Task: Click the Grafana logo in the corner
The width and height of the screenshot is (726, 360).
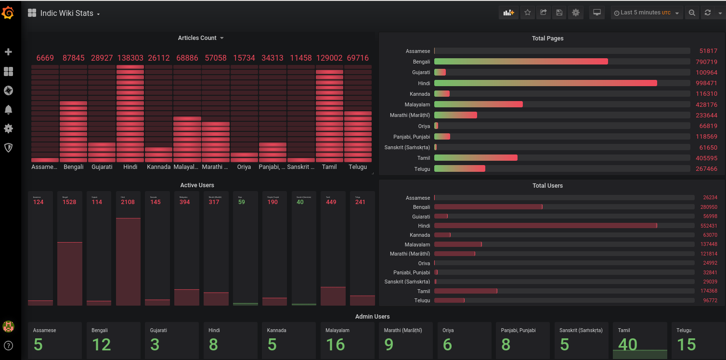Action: pos(8,13)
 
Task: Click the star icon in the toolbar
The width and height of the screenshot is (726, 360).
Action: pos(528,13)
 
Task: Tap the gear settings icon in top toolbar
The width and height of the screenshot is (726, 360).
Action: pos(575,13)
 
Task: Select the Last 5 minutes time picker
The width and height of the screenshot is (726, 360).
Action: pos(647,13)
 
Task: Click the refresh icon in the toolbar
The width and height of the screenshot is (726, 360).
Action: pos(707,13)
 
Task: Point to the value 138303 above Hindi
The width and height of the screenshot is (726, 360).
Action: pos(130,58)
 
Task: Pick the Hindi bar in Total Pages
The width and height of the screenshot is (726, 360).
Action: pos(545,83)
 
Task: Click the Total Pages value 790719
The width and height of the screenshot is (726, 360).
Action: pos(706,62)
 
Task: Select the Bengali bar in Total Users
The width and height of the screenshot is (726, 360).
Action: pos(488,207)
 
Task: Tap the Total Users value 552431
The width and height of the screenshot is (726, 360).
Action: pos(709,226)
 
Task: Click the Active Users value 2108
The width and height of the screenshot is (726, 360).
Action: pos(128,202)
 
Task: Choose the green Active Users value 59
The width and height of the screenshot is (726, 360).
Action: pos(241,202)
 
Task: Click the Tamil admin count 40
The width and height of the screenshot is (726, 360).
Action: pos(627,345)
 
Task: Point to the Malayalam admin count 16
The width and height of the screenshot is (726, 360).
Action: pos(335,345)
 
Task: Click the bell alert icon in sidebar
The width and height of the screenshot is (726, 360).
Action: pos(8,110)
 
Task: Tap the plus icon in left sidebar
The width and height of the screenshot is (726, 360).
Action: pos(8,52)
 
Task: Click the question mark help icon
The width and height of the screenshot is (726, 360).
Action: pos(8,345)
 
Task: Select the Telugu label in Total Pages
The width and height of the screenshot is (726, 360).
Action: pos(422,169)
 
